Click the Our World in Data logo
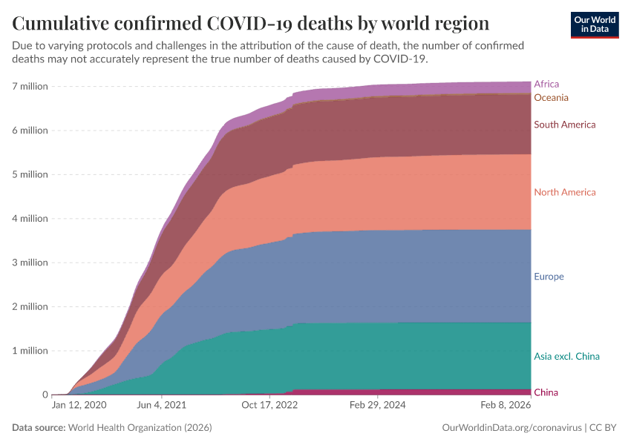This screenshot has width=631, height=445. coord(595,24)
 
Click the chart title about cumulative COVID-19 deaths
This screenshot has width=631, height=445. coord(250,23)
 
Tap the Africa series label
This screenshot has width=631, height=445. coord(546,85)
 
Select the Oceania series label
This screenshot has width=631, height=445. coord(551,98)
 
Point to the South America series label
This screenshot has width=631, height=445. coord(564,125)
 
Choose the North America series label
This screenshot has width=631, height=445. coord(564,192)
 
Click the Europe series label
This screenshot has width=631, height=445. coord(549,277)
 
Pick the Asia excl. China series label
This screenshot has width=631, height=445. coord(566,357)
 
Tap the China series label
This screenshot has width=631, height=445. coord(546,392)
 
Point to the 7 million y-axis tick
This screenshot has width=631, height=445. coord(30,86)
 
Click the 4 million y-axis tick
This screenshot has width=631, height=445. coord(30,219)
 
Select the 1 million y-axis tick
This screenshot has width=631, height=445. coord(30,351)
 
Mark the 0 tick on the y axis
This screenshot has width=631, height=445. coord(45,395)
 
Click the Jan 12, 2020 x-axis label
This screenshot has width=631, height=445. coord(79,406)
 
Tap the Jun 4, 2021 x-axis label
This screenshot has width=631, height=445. coord(162,406)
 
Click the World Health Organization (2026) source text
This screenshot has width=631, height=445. coord(140,428)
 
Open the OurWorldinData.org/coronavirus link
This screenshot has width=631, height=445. coord(511,428)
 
